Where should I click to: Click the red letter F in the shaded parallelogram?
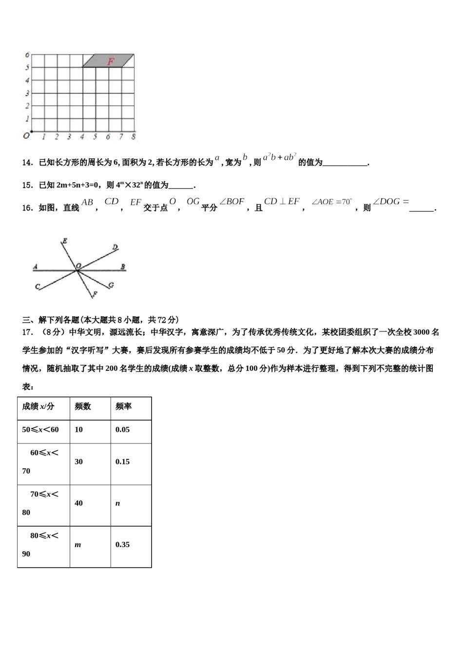pos(111,61)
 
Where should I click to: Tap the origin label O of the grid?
pos(26,136)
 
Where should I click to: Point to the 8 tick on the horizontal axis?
pos(133,137)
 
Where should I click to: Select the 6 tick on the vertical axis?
pos(27,55)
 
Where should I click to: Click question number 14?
pos(27,163)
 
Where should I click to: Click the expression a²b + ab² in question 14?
pos(279,157)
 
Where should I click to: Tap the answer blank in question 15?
pos(181,186)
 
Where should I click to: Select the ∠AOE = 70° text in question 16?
pos(331,202)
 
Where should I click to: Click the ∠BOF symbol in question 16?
pos(232,202)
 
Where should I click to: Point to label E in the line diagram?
pos(64,241)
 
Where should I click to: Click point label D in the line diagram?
pos(115,248)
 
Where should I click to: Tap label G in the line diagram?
pos(111,285)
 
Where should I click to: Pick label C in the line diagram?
pos(37,287)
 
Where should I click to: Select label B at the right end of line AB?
pos(123,267)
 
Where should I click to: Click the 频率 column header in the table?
pos(123,406)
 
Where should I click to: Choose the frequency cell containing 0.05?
pos(122,430)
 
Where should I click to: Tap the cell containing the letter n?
pos(117,503)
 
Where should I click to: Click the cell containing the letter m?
pos(77,545)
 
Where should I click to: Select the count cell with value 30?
pos(78,462)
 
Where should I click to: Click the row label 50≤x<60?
pos(40,430)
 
